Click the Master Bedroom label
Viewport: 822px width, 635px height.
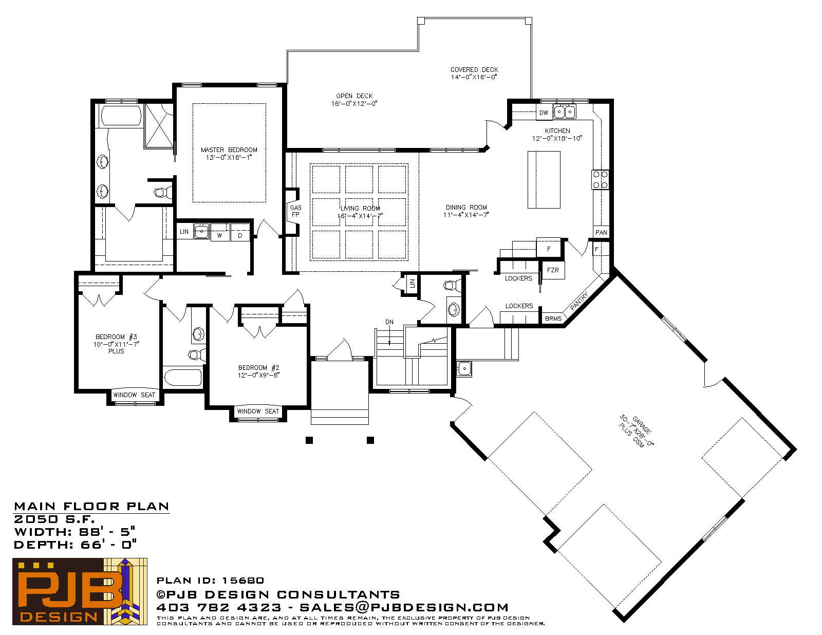(229, 150)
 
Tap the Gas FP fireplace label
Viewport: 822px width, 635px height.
(295, 211)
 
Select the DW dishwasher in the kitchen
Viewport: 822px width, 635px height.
(544, 113)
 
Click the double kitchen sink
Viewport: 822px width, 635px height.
(565, 112)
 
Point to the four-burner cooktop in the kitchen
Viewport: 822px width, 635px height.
(601, 180)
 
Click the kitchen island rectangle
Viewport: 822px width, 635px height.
(544, 180)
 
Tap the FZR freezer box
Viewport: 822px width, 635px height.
(553, 270)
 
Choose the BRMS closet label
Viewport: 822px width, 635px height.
(553, 319)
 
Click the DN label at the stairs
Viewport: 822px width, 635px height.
(389, 322)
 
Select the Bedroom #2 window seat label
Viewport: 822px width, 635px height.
(258, 411)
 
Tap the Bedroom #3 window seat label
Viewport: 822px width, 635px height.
(134, 395)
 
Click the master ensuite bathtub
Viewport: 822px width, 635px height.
(120, 116)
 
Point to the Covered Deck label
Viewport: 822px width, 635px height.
(474, 69)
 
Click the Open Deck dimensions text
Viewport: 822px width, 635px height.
(354, 104)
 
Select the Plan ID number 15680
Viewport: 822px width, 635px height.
(243, 580)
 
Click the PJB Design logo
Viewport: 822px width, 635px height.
(80, 591)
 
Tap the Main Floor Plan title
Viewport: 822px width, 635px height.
(91, 507)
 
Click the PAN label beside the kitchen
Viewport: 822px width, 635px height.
(601, 232)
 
